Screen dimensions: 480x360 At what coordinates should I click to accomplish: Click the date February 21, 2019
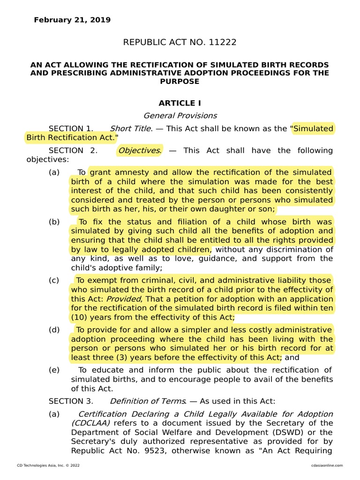coord(72,20)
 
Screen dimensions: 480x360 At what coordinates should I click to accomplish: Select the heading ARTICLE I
coord(180,103)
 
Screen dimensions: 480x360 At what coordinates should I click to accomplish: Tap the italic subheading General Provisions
coord(180,115)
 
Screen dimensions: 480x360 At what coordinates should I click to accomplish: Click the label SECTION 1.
coord(71,128)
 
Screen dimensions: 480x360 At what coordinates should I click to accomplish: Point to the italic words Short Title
coord(130,128)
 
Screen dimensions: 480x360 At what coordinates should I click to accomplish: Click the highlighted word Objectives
coord(139,150)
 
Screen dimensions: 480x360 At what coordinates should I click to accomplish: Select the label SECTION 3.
coord(71,401)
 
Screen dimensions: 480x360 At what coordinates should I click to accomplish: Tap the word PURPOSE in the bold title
coord(180,82)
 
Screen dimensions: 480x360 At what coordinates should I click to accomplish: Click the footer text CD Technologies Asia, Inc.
coord(43,465)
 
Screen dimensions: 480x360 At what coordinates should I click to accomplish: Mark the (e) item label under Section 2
coord(54,370)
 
